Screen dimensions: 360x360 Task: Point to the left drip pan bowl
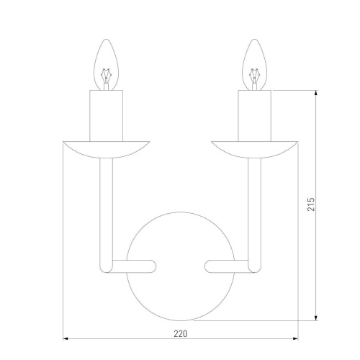click(106, 148)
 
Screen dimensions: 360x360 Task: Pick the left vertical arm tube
click(106, 209)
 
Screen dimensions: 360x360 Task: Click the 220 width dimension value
click(180, 333)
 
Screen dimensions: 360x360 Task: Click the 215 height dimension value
click(309, 206)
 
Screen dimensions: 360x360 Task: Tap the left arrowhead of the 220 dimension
click(67, 339)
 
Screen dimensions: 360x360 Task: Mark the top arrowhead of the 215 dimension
click(317, 93)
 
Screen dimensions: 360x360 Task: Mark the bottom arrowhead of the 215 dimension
click(317, 318)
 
